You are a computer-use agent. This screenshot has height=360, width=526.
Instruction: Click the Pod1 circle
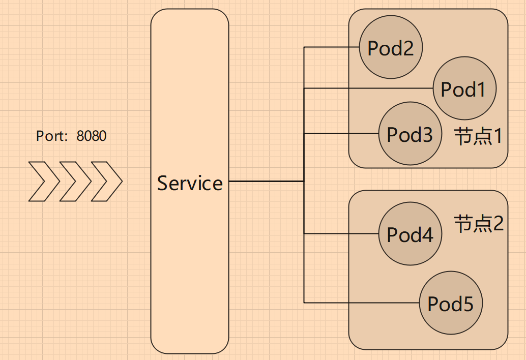pyautogui.click(x=464, y=89)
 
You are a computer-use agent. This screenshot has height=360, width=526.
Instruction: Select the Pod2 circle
pyautogui.click(x=391, y=48)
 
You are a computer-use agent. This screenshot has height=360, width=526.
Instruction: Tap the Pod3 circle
pyautogui.click(x=410, y=134)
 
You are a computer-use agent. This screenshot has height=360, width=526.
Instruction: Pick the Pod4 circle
pyautogui.click(x=410, y=234)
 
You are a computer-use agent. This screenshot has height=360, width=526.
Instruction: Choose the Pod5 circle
pyautogui.click(x=451, y=304)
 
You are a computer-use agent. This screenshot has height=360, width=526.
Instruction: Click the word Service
pyautogui.click(x=190, y=183)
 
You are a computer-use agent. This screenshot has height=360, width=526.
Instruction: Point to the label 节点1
pyautogui.click(x=479, y=136)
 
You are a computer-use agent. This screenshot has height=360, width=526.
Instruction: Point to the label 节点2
pyautogui.click(x=479, y=223)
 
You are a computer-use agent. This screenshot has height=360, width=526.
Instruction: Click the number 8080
pyautogui.click(x=92, y=136)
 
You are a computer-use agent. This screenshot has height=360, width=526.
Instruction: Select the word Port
pyautogui.click(x=51, y=136)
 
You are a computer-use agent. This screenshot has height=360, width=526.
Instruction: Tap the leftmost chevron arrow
pyautogui.click(x=44, y=181)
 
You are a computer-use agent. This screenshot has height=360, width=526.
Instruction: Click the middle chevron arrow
pyautogui.click(x=75, y=181)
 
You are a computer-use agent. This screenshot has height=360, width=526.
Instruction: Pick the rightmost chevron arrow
pyautogui.click(x=107, y=181)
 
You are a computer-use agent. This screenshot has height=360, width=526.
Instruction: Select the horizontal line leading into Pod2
pyautogui.click(x=331, y=47)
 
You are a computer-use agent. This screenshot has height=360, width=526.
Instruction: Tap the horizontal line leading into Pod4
pyautogui.click(x=341, y=234)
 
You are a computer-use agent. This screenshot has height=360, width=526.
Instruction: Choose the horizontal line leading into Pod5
pyautogui.click(x=361, y=303)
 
